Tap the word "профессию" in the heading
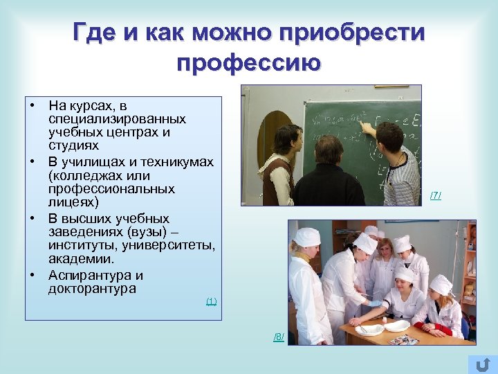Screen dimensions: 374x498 249,63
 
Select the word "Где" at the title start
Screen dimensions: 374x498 97,33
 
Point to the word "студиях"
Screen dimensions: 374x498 73,146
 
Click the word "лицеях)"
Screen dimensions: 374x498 73,203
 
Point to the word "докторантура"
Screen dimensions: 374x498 92,289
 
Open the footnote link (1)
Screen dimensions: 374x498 211,301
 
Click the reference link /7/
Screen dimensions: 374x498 435,195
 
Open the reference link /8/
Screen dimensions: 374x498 278,337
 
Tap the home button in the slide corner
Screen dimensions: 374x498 483,364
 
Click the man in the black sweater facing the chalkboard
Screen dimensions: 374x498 328,173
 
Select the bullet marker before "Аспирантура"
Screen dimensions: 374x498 33,275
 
